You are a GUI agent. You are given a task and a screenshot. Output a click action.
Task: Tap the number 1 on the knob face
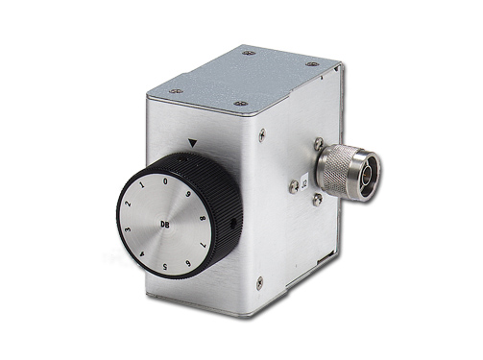pyautogui.click(x=145, y=182)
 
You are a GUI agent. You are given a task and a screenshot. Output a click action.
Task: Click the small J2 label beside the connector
pyautogui.click(x=305, y=176)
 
